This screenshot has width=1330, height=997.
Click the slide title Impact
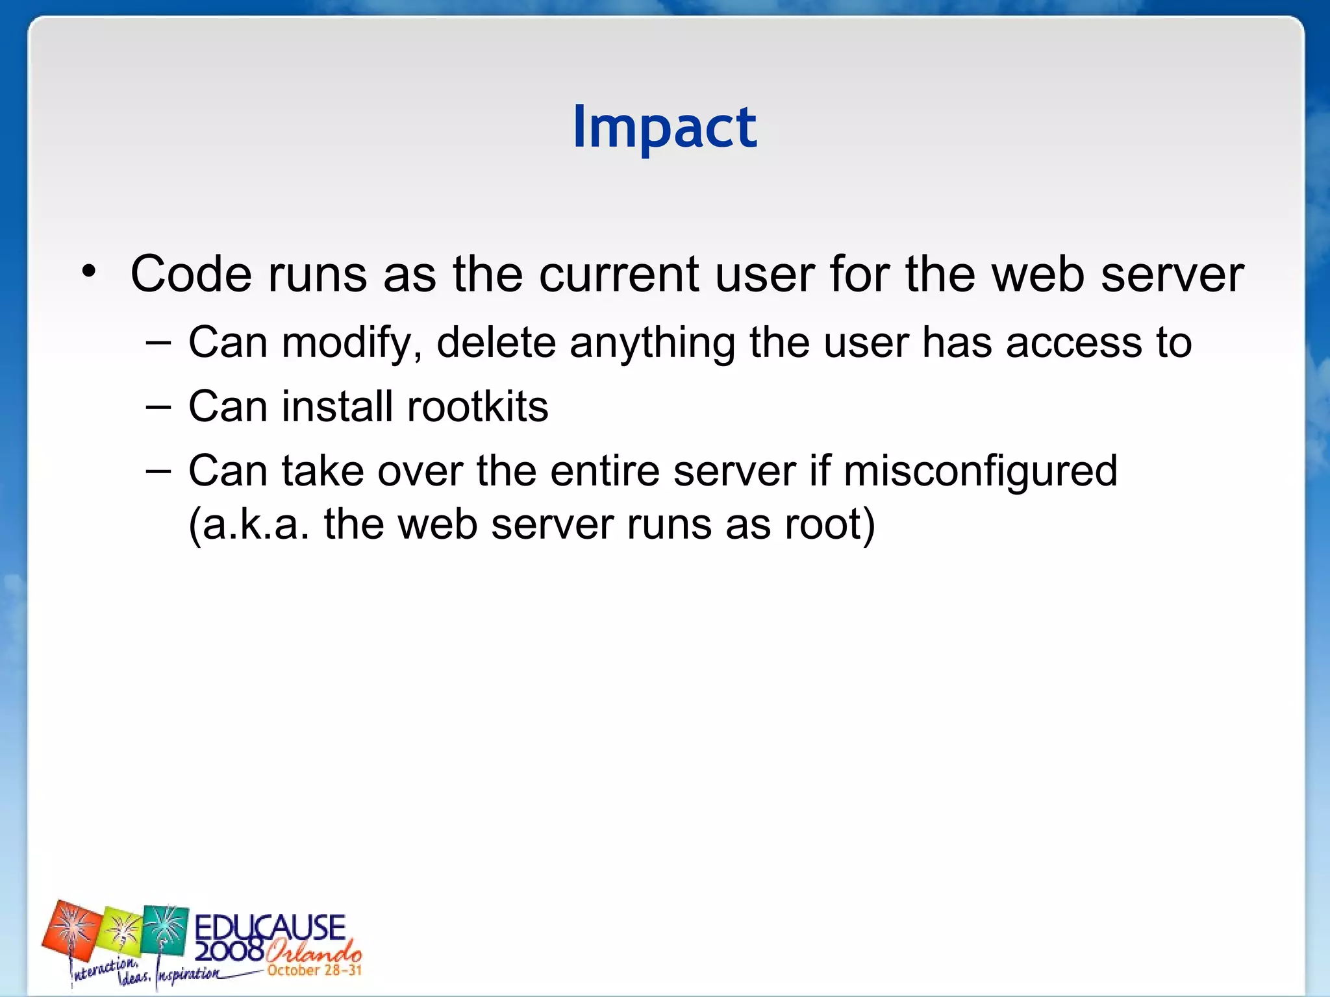[x=664, y=127]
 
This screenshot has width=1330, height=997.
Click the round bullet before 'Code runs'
[x=89, y=272]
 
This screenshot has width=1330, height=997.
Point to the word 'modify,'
[x=351, y=343]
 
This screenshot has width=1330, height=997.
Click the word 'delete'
[x=496, y=342]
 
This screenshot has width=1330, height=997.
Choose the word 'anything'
[x=653, y=343]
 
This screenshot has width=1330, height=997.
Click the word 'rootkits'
[x=477, y=407]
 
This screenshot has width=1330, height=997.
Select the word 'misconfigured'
[x=980, y=471]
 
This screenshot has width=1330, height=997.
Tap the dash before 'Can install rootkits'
[x=158, y=407]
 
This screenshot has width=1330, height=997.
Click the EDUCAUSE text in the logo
[x=270, y=927]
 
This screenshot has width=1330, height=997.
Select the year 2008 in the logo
[x=229, y=951]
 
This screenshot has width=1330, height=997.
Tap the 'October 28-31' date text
[x=314, y=971]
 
